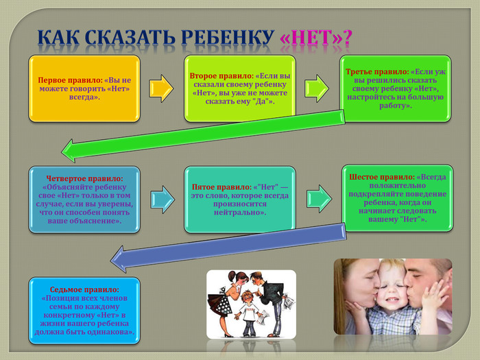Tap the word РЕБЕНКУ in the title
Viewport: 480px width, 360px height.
(223, 39)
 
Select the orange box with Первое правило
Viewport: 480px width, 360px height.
(84, 89)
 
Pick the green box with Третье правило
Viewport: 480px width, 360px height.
(396, 89)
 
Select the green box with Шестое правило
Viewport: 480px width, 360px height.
(396, 197)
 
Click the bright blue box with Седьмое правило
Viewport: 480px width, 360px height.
(84, 311)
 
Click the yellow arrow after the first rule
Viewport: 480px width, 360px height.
(161, 88)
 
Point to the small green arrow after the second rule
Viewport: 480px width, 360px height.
(316, 88)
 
